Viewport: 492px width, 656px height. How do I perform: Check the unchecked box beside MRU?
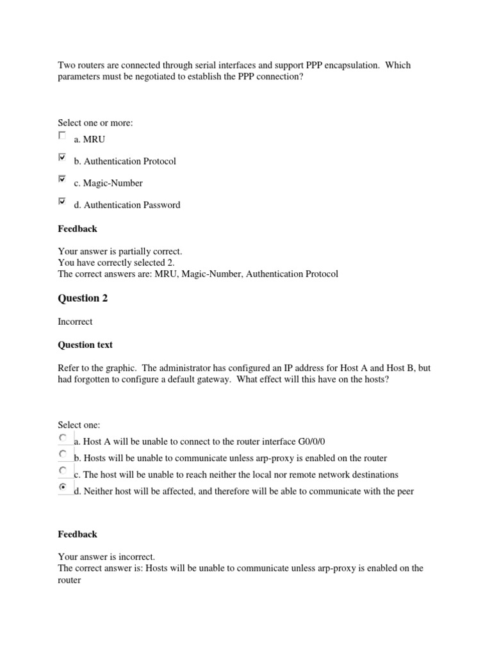click(61, 136)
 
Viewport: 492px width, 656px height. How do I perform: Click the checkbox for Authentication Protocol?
click(61, 157)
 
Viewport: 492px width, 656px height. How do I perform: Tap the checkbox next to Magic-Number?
click(61, 179)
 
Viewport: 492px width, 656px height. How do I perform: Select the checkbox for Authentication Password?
click(61, 201)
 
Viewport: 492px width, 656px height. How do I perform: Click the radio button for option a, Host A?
click(62, 438)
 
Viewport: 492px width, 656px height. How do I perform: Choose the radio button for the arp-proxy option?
click(62, 454)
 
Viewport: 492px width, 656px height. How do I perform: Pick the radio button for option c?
click(62, 471)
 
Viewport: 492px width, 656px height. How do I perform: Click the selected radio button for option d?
click(62, 488)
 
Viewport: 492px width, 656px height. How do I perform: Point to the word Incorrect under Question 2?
click(75, 322)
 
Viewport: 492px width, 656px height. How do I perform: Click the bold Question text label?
click(85, 345)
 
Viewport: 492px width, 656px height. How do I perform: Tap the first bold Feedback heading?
click(78, 229)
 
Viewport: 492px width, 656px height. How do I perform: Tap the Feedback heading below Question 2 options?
click(78, 534)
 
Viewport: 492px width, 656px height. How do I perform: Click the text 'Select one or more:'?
click(95, 122)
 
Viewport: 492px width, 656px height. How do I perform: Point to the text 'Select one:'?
click(79, 425)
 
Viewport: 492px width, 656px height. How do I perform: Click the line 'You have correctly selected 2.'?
click(116, 263)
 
